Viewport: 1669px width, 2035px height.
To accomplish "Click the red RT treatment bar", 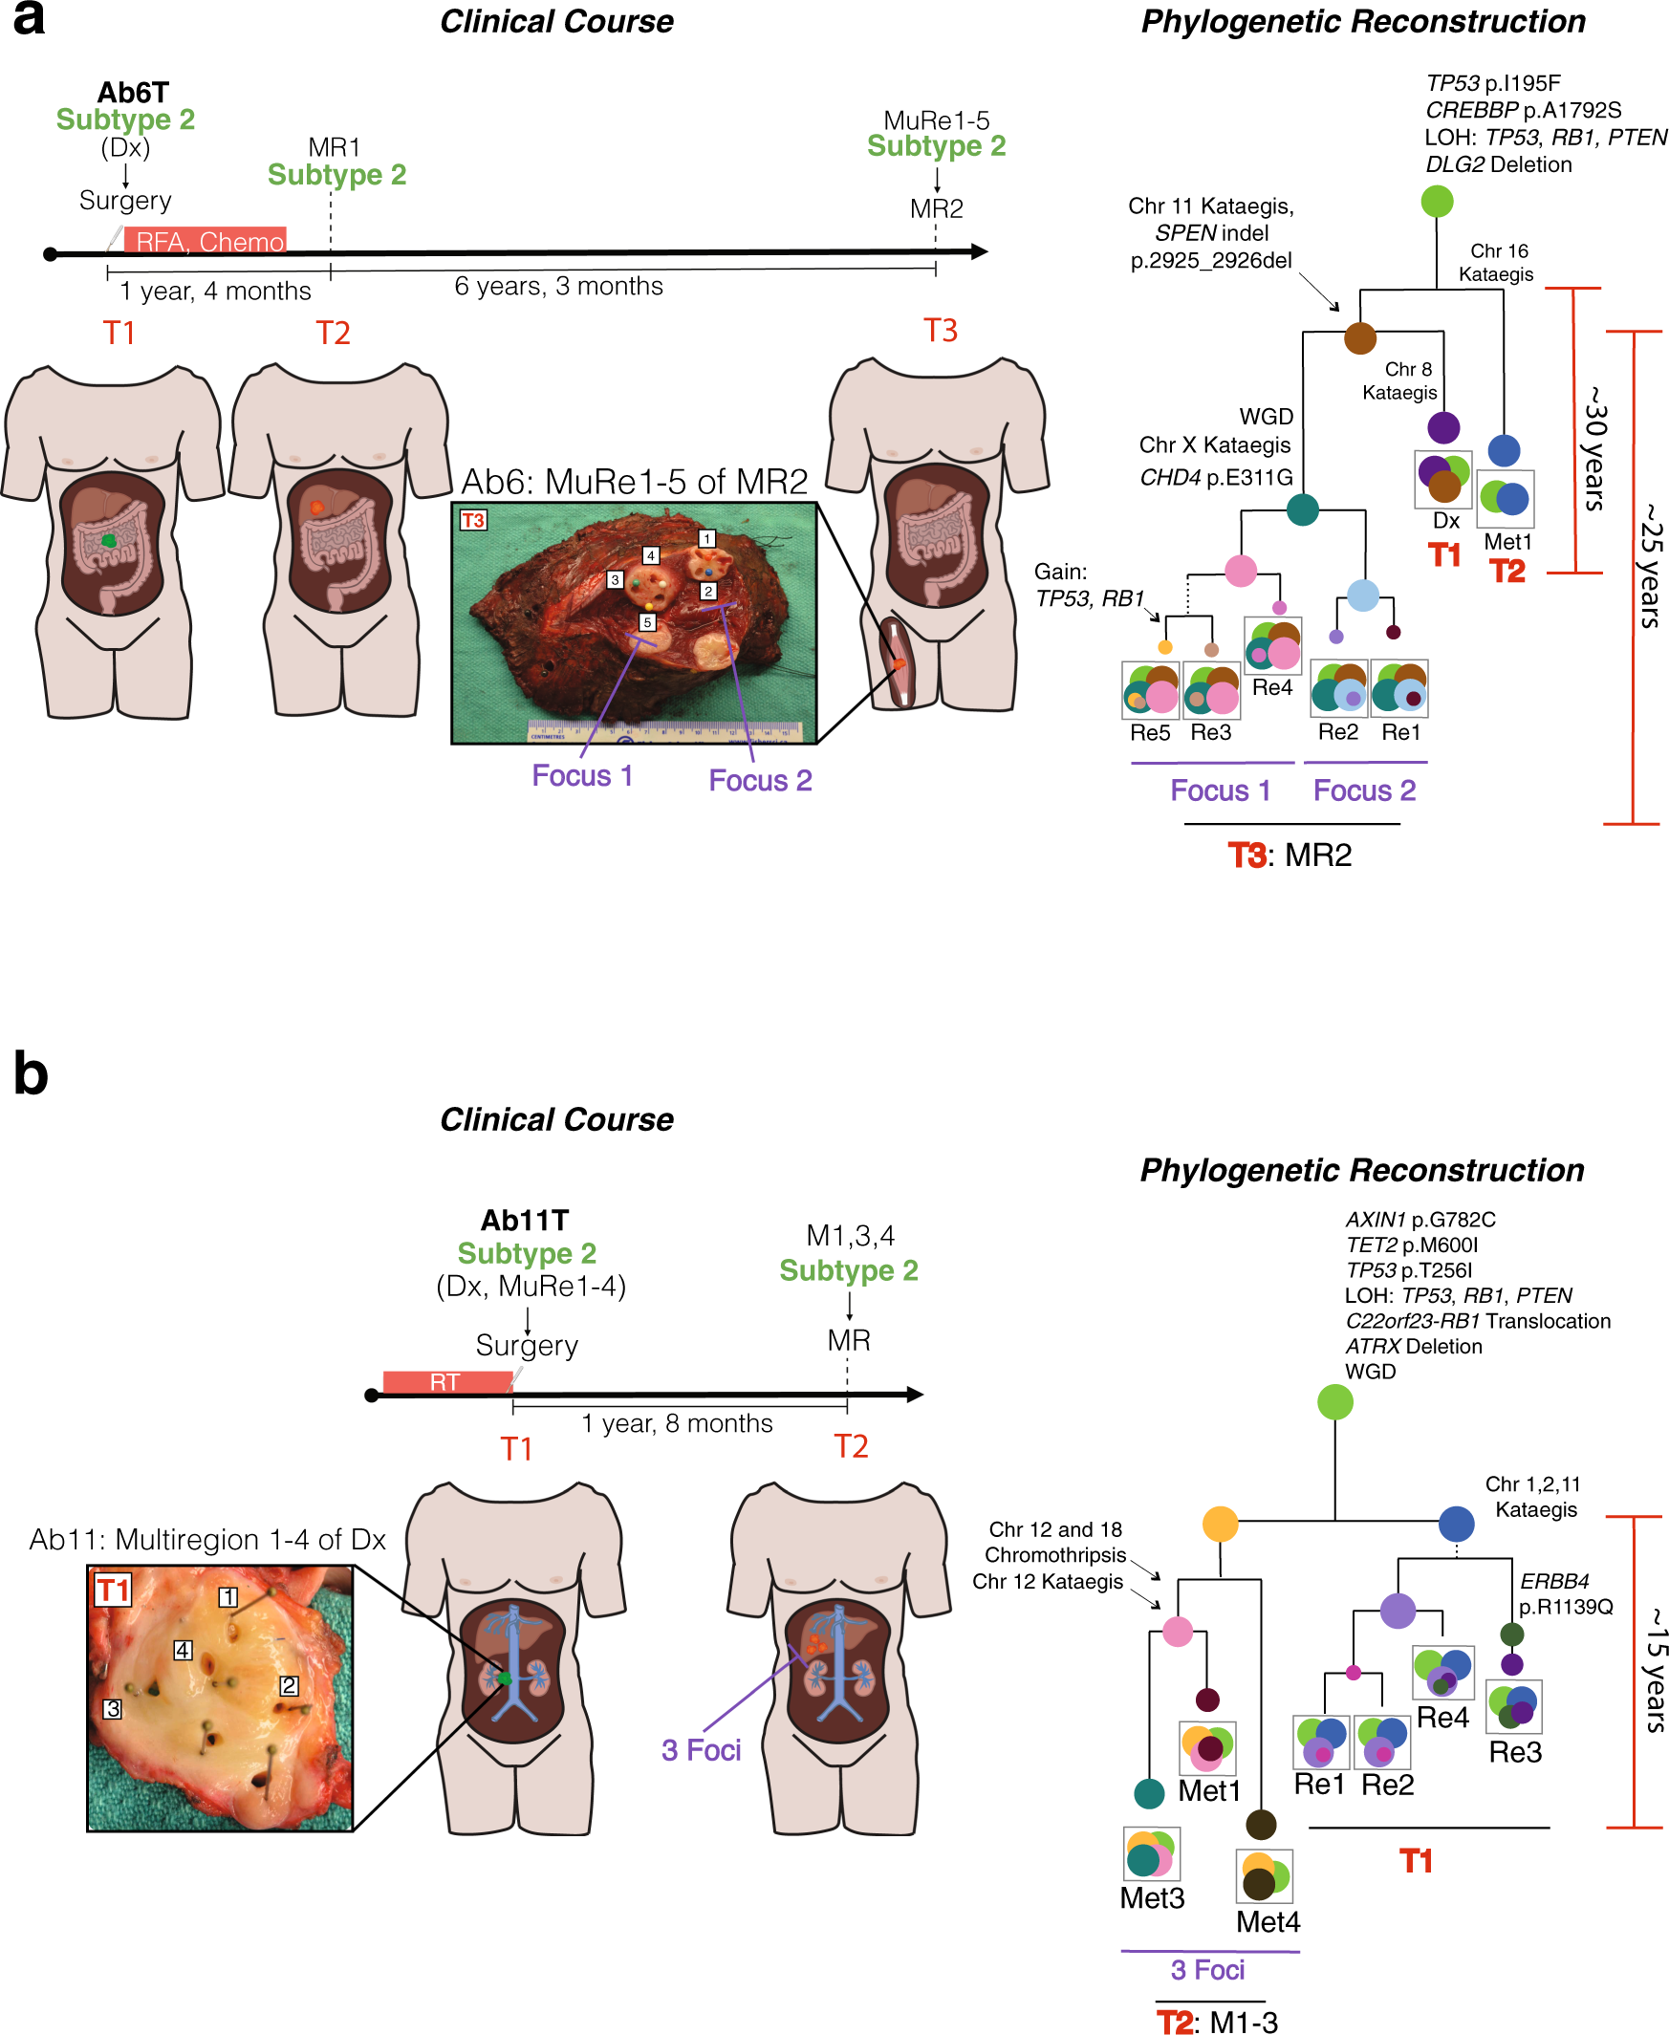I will tap(446, 1381).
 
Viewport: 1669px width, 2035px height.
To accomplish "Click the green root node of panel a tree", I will tap(1437, 201).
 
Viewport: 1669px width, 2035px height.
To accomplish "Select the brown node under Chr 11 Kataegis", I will tap(1359, 337).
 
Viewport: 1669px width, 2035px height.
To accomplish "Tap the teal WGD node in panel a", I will tap(1302, 509).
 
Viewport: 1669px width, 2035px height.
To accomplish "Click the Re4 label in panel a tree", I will tap(1272, 687).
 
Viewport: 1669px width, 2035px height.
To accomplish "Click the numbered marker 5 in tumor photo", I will tap(648, 622).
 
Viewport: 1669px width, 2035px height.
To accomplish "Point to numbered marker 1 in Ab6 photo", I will tap(706, 538).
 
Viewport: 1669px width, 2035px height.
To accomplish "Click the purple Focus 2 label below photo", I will tap(760, 780).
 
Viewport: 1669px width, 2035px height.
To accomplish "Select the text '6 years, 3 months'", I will tap(558, 287).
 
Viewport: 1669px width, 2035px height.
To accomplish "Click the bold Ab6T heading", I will tap(133, 93).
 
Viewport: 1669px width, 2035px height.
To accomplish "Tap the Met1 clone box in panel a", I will tap(1505, 498).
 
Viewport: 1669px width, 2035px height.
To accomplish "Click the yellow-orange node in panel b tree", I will tap(1220, 1524).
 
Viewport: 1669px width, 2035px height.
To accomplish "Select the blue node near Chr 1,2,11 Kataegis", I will tap(1457, 1523).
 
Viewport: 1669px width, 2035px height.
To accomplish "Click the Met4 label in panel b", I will tap(1268, 1921).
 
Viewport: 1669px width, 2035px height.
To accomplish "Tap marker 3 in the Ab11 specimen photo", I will tap(114, 1709).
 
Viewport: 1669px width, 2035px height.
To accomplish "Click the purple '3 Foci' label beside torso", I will tap(701, 1749).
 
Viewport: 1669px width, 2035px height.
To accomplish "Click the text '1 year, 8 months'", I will tap(677, 1422).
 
